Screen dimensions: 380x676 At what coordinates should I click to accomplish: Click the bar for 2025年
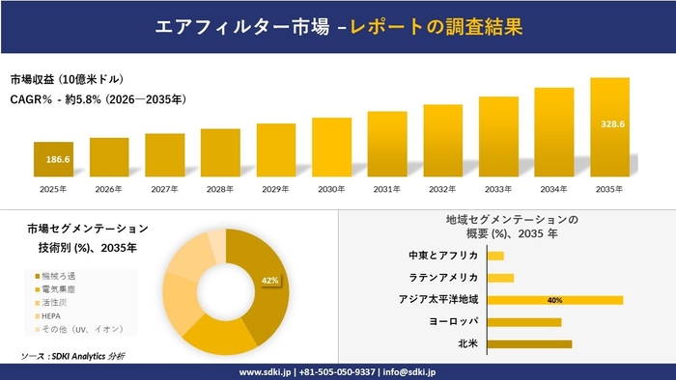[53, 159]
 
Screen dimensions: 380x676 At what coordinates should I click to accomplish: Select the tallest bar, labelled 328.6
[609, 126]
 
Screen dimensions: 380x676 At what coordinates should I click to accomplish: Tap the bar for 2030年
[331, 148]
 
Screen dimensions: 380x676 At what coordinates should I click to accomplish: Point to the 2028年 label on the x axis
[220, 188]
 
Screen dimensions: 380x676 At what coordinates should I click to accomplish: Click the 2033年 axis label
[498, 188]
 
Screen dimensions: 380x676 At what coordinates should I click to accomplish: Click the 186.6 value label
[53, 158]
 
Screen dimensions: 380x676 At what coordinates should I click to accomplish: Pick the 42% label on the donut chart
[270, 281]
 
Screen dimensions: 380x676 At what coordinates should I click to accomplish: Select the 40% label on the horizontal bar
[554, 300]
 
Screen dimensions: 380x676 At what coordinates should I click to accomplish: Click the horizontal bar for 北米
[530, 343]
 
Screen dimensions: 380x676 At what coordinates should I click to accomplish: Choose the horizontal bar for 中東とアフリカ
[496, 256]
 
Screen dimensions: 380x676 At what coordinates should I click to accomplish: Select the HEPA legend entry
[50, 315]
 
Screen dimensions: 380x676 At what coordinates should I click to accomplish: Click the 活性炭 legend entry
[53, 302]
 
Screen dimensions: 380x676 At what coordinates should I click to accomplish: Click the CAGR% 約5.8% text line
[98, 98]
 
